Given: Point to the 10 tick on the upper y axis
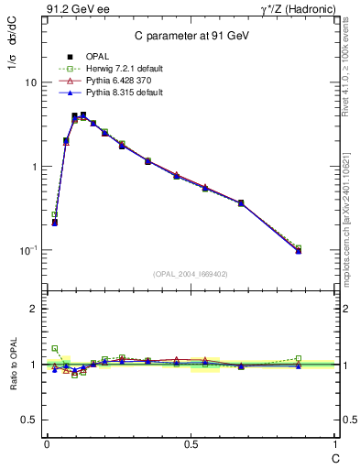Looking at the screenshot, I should [30, 82].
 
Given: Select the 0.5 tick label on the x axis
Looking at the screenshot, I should [191, 443].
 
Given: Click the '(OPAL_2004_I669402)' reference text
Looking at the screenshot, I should [190, 273].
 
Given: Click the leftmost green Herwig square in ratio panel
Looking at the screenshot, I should [55, 348].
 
